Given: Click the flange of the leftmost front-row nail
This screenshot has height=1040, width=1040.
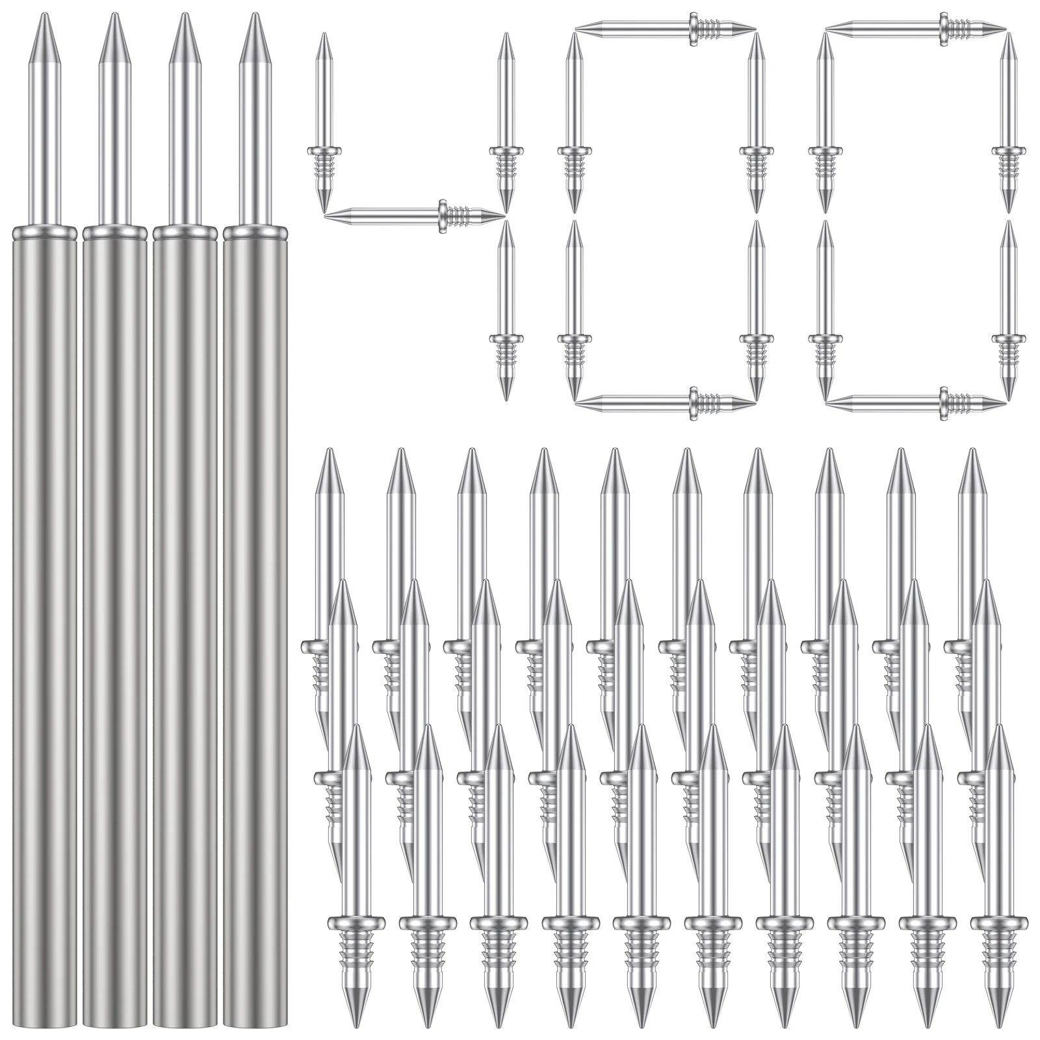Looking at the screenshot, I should tap(355, 922).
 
